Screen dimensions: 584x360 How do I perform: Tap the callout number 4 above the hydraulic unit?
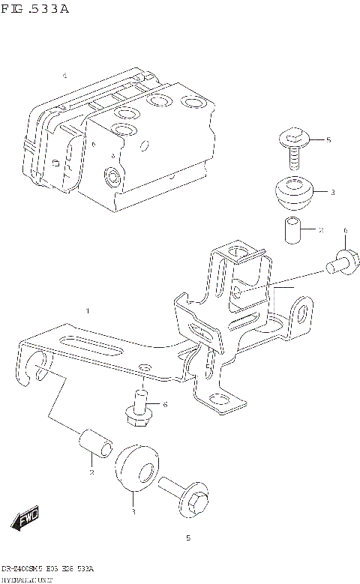point(64,76)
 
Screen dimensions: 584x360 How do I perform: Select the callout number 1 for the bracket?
point(88,310)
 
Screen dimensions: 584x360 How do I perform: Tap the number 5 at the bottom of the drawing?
point(187,538)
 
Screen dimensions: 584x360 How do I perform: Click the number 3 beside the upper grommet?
point(331,193)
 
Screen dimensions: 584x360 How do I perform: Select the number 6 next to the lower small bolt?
point(165,405)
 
